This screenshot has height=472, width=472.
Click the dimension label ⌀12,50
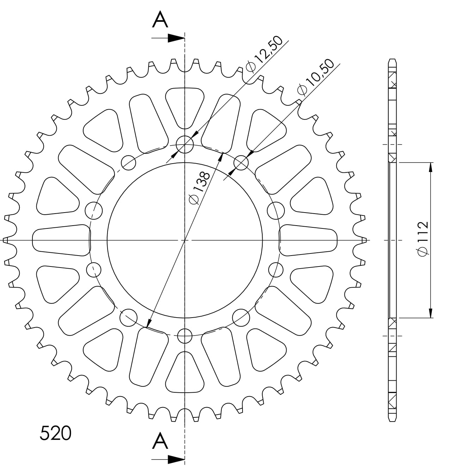(264, 54)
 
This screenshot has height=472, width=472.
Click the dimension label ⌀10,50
(315, 77)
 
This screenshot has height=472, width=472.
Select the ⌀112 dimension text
(423, 239)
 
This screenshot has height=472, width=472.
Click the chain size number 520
(55, 433)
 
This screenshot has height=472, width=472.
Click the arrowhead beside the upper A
(176, 38)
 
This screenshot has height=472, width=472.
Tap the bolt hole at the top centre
(185, 145)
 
